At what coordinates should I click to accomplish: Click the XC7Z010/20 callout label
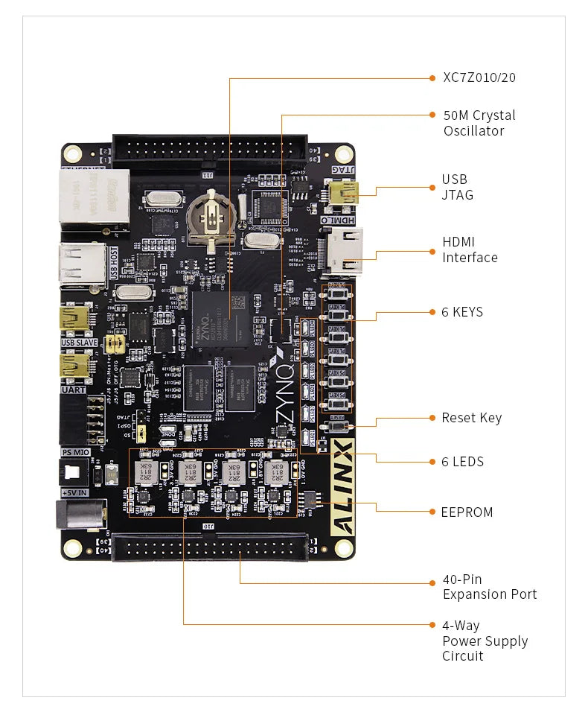479,77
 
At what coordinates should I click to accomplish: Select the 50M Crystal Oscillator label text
479,123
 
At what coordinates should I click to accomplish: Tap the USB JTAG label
457,187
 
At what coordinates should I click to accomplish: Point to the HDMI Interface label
470,250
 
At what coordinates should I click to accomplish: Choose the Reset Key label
471,418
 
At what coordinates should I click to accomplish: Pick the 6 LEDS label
462,462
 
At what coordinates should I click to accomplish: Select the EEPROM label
467,512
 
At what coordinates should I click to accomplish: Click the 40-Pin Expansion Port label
489,586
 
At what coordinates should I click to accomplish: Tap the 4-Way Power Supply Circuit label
485,641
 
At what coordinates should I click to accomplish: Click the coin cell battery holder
212,218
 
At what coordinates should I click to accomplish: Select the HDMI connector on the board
344,251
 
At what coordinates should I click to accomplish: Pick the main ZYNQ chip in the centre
220,319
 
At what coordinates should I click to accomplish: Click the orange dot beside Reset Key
432,418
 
